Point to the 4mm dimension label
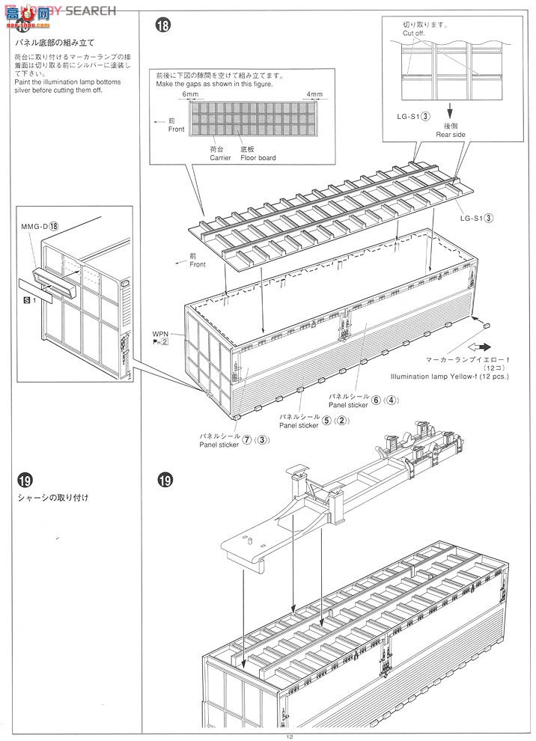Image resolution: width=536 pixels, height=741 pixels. (314, 94)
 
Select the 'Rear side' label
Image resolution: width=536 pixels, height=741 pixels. (451, 135)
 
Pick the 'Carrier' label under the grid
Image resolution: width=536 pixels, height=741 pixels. (221, 158)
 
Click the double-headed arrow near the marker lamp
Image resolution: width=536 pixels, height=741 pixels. (478, 347)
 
